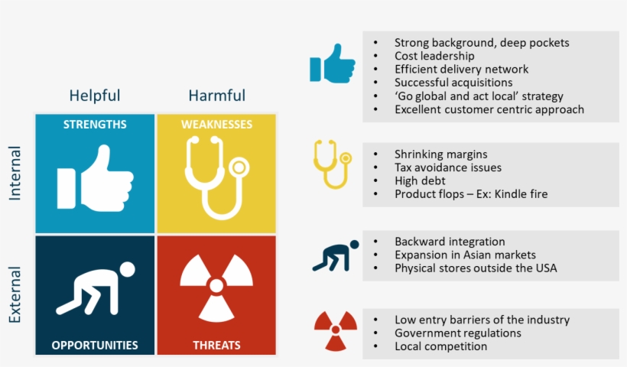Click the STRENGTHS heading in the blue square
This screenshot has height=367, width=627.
pos(95,125)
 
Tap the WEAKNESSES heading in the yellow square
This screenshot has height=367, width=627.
pos(216,125)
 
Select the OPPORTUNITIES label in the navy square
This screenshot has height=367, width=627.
pos(95,345)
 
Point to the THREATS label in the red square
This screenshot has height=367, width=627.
pos(216,345)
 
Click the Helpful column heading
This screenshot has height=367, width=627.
pos(94,96)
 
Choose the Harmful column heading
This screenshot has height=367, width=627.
pos(216,96)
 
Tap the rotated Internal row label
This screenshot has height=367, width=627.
pos(15,173)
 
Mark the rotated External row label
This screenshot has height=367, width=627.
pos(15,294)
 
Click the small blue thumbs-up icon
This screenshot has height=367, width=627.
pos(333,63)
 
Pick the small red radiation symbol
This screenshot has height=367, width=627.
pos(336,330)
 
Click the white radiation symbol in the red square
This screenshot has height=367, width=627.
pos(216,287)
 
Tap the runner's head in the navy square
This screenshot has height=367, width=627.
pos(127,269)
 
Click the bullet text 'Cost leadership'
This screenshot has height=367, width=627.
pos(434,56)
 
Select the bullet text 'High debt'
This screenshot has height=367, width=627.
pos(420,180)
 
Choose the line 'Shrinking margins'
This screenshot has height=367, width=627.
pos(440,154)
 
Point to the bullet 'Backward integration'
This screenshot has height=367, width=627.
pos(450,242)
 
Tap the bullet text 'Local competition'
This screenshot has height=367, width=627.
pos(440,346)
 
